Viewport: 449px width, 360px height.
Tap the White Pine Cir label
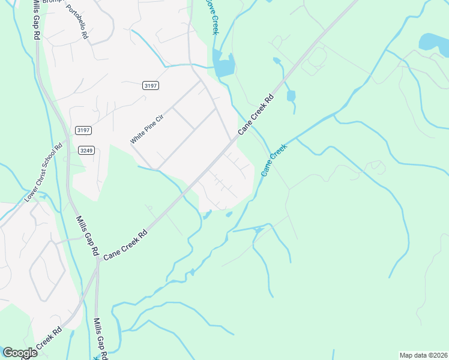pyautogui.click(x=146, y=127)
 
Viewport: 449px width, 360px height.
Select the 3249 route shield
pyautogui.click(x=86, y=150)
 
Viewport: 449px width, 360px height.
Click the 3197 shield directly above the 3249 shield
pyautogui.click(x=83, y=130)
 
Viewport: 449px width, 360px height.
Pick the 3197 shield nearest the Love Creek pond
pyautogui.click(x=151, y=86)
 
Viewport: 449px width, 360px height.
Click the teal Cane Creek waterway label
pyautogui.click(x=274, y=160)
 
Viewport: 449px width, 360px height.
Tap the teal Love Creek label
pyautogui.click(x=211, y=17)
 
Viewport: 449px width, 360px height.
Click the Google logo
pyautogui.click(x=19, y=353)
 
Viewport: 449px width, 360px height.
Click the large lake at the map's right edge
pyautogui.click(x=434, y=41)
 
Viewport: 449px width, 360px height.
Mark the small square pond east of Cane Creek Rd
pyautogui.click(x=291, y=96)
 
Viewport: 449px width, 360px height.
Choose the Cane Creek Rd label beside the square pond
pyautogui.click(x=256, y=114)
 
